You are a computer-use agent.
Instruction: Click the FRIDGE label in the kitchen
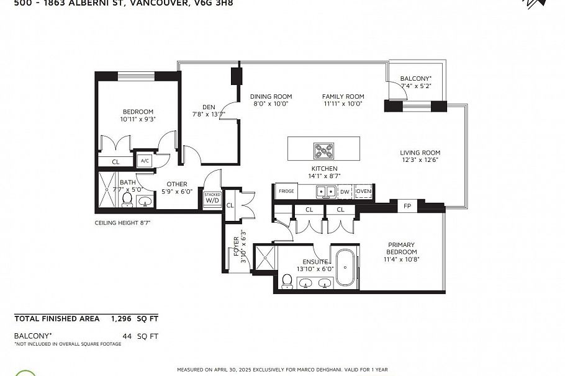(286, 192)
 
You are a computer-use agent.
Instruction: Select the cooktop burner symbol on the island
(323, 150)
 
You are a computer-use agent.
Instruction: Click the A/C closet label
(145, 161)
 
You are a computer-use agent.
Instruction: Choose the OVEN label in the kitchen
(363, 192)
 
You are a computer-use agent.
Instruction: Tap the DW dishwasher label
(345, 192)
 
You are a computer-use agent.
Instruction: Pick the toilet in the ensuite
(287, 282)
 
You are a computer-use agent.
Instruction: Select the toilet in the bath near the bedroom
(127, 199)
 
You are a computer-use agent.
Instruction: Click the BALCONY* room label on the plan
(415, 79)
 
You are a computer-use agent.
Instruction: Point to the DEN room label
(209, 107)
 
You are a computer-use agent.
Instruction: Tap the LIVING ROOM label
(420, 153)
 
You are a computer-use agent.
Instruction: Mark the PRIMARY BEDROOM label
(400, 248)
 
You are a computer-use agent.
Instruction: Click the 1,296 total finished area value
(124, 318)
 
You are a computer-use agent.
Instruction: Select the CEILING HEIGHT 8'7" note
(122, 222)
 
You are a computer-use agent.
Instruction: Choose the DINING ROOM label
(271, 97)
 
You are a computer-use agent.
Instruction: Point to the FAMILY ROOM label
(343, 97)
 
